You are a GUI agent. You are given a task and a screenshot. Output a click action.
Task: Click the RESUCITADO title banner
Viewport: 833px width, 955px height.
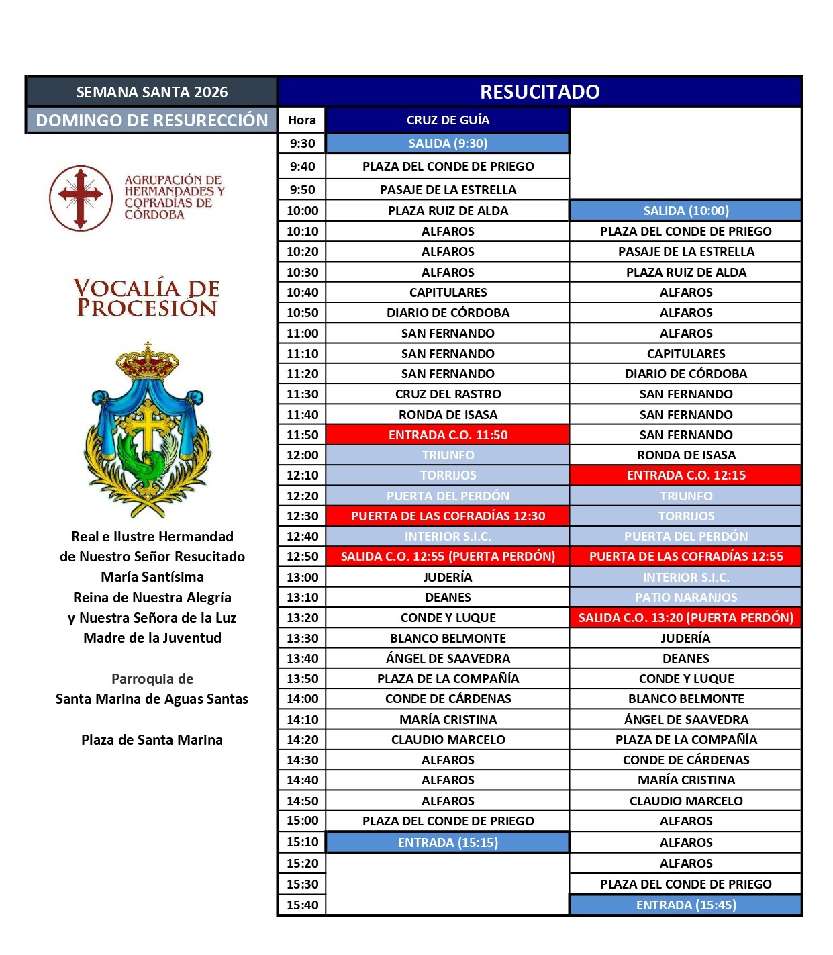pyautogui.click(x=540, y=92)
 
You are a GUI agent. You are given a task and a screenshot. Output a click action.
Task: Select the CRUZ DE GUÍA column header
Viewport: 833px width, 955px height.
pyautogui.click(x=448, y=120)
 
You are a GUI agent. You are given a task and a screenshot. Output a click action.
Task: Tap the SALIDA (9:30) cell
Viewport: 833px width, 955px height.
pyautogui.click(x=448, y=144)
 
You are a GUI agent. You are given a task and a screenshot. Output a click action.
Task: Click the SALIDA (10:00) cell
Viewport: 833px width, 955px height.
pyautogui.click(x=685, y=211)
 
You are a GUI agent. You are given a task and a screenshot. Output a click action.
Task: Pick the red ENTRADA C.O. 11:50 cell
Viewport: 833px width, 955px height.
pyautogui.click(x=448, y=435)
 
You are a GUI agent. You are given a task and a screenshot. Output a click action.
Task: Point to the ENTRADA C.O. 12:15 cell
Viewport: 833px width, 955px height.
pyautogui.click(x=685, y=475)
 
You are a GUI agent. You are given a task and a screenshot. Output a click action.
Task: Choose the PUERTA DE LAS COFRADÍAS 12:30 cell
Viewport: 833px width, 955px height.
pyautogui.click(x=448, y=516)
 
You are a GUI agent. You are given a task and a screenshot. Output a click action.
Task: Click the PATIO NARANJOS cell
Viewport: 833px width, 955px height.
pyautogui.click(x=685, y=598)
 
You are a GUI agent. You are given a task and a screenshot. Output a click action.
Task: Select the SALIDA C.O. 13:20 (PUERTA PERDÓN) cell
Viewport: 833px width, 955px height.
pyautogui.click(x=685, y=618)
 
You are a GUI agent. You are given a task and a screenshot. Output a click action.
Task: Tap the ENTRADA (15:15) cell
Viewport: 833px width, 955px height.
pyautogui.click(x=448, y=843)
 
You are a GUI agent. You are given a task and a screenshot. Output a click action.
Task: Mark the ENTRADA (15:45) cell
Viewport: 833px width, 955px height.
pyautogui.click(x=685, y=905)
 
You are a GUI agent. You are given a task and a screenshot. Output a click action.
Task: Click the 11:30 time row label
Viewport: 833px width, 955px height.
pyautogui.click(x=302, y=394)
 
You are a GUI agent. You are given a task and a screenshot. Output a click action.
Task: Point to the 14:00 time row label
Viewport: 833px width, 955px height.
pyautogui.click(x=302, y=699)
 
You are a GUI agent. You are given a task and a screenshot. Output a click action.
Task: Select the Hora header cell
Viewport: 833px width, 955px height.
pyautogui.click(x=302, y=120)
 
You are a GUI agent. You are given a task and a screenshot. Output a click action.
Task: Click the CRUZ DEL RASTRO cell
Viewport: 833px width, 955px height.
pyautogui.click(x=448, y=394)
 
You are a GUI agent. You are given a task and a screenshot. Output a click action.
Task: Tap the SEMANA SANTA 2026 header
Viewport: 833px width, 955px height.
pyautogui.click(x=152, y=92)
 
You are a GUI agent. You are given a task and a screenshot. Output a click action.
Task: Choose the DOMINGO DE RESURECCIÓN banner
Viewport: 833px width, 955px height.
pyautogui.click(x=152, y=120)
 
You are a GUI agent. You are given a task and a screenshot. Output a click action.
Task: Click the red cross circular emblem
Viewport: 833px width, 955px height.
pyautogui.click(x=81, y=198)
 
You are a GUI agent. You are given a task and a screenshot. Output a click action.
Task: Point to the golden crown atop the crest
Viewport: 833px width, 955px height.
pyautogui.click(x=148, y=363)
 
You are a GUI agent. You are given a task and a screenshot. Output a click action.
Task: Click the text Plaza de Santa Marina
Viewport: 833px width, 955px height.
pyautogui.click(x=152, y=740)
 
